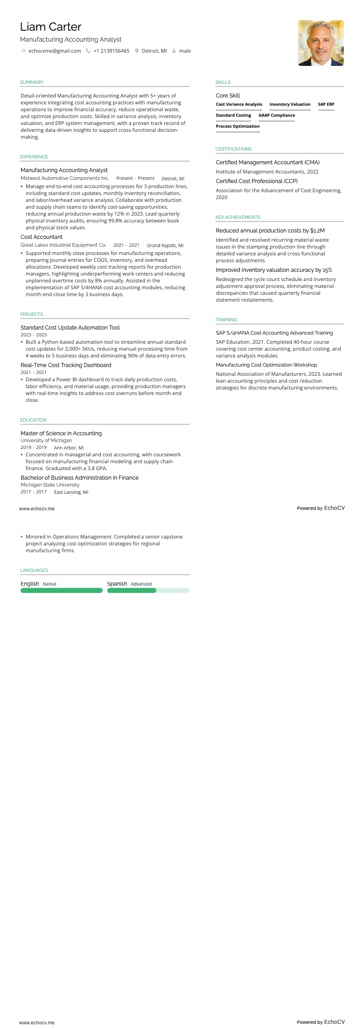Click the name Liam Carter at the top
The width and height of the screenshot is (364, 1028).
[x=51, y=27]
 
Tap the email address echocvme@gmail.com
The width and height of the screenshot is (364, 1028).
[x=55, y=51]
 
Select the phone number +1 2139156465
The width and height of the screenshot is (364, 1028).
[x=111, y=51]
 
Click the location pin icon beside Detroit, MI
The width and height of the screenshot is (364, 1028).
[x=137, y=51]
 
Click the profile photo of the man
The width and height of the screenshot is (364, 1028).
[x=320, y=43]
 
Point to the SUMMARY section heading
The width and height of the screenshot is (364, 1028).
[x=32, y=82]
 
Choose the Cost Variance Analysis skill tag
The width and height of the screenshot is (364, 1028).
[x=239, y=104]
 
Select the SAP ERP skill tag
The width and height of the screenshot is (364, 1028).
[x=326, y=104]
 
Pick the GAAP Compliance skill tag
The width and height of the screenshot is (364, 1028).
[x=276, y=115]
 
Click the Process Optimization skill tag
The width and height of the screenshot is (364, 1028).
[x=237, y=126]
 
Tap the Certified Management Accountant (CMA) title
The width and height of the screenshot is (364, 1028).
[x=268, y=162]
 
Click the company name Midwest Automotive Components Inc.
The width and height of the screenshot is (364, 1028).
[x=65, y=179]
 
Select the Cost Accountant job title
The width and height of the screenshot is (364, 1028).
[x=41, y=237]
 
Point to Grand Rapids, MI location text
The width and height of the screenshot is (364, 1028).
[x=165, y=245]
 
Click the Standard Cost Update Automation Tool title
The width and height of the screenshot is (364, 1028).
[x=70, y=328]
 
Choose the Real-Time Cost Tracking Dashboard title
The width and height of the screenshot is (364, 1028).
[x=66, y=365]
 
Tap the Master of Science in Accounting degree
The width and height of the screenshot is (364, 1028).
[x=61, y=433]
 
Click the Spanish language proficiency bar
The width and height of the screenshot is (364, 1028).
[x=148, y=590]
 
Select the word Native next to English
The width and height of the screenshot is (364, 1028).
[x=50, y=584]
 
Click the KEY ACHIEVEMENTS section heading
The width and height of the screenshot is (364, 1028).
[x=237, y=217]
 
